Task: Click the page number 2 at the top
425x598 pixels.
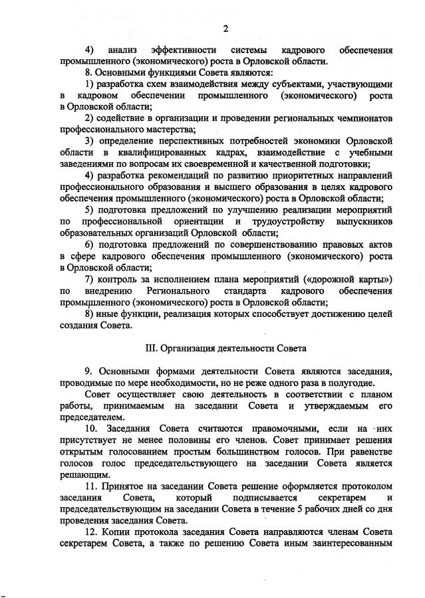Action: coord(225,28)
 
